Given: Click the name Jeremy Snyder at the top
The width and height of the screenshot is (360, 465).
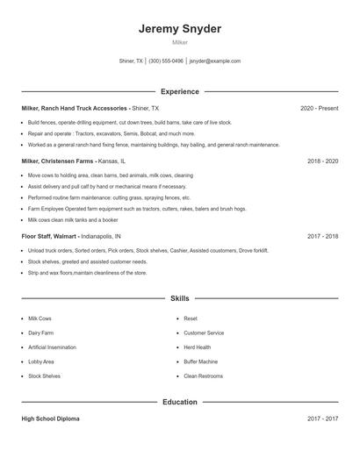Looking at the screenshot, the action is pyautogui.click(x=179, y=29).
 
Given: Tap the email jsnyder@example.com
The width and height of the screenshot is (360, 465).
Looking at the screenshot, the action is pyautogui.click(x=215, y=61).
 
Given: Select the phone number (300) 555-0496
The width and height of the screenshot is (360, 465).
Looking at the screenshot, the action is pyautogui.click(x=166, y=61).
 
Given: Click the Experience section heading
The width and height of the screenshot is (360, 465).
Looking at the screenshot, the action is pyautogui.click(x=180, y=91).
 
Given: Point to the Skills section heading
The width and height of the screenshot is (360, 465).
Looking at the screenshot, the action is pyautogui.click(x=180, y=298).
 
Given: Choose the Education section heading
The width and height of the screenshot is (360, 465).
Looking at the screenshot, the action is pyautogui.click(x=180, y=402).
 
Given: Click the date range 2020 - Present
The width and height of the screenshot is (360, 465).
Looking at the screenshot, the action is pyautogui.click(x=320, y=108).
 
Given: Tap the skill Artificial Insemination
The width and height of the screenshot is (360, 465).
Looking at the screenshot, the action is pyautogui.click(x=54, y=347).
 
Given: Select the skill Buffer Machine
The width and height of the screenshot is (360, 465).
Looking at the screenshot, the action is pyautogui.click(x=201, y=361).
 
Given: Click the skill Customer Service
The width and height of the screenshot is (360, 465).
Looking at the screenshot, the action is pyautogui.click(x=204, y=333).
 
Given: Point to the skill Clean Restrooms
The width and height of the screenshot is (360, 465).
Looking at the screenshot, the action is pyautogui.click(x=203, y=376).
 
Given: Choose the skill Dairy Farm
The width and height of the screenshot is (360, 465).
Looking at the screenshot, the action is pyautogui.click(x=41, y=333).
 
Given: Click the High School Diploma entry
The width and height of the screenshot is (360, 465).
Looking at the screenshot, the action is pyautogui.click(x=51, y=419).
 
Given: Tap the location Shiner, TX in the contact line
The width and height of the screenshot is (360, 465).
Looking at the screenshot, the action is pyautogui.click(x=132, y=61).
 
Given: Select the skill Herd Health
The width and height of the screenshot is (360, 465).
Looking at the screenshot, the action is pyautogui.click(x=198, y=347).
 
